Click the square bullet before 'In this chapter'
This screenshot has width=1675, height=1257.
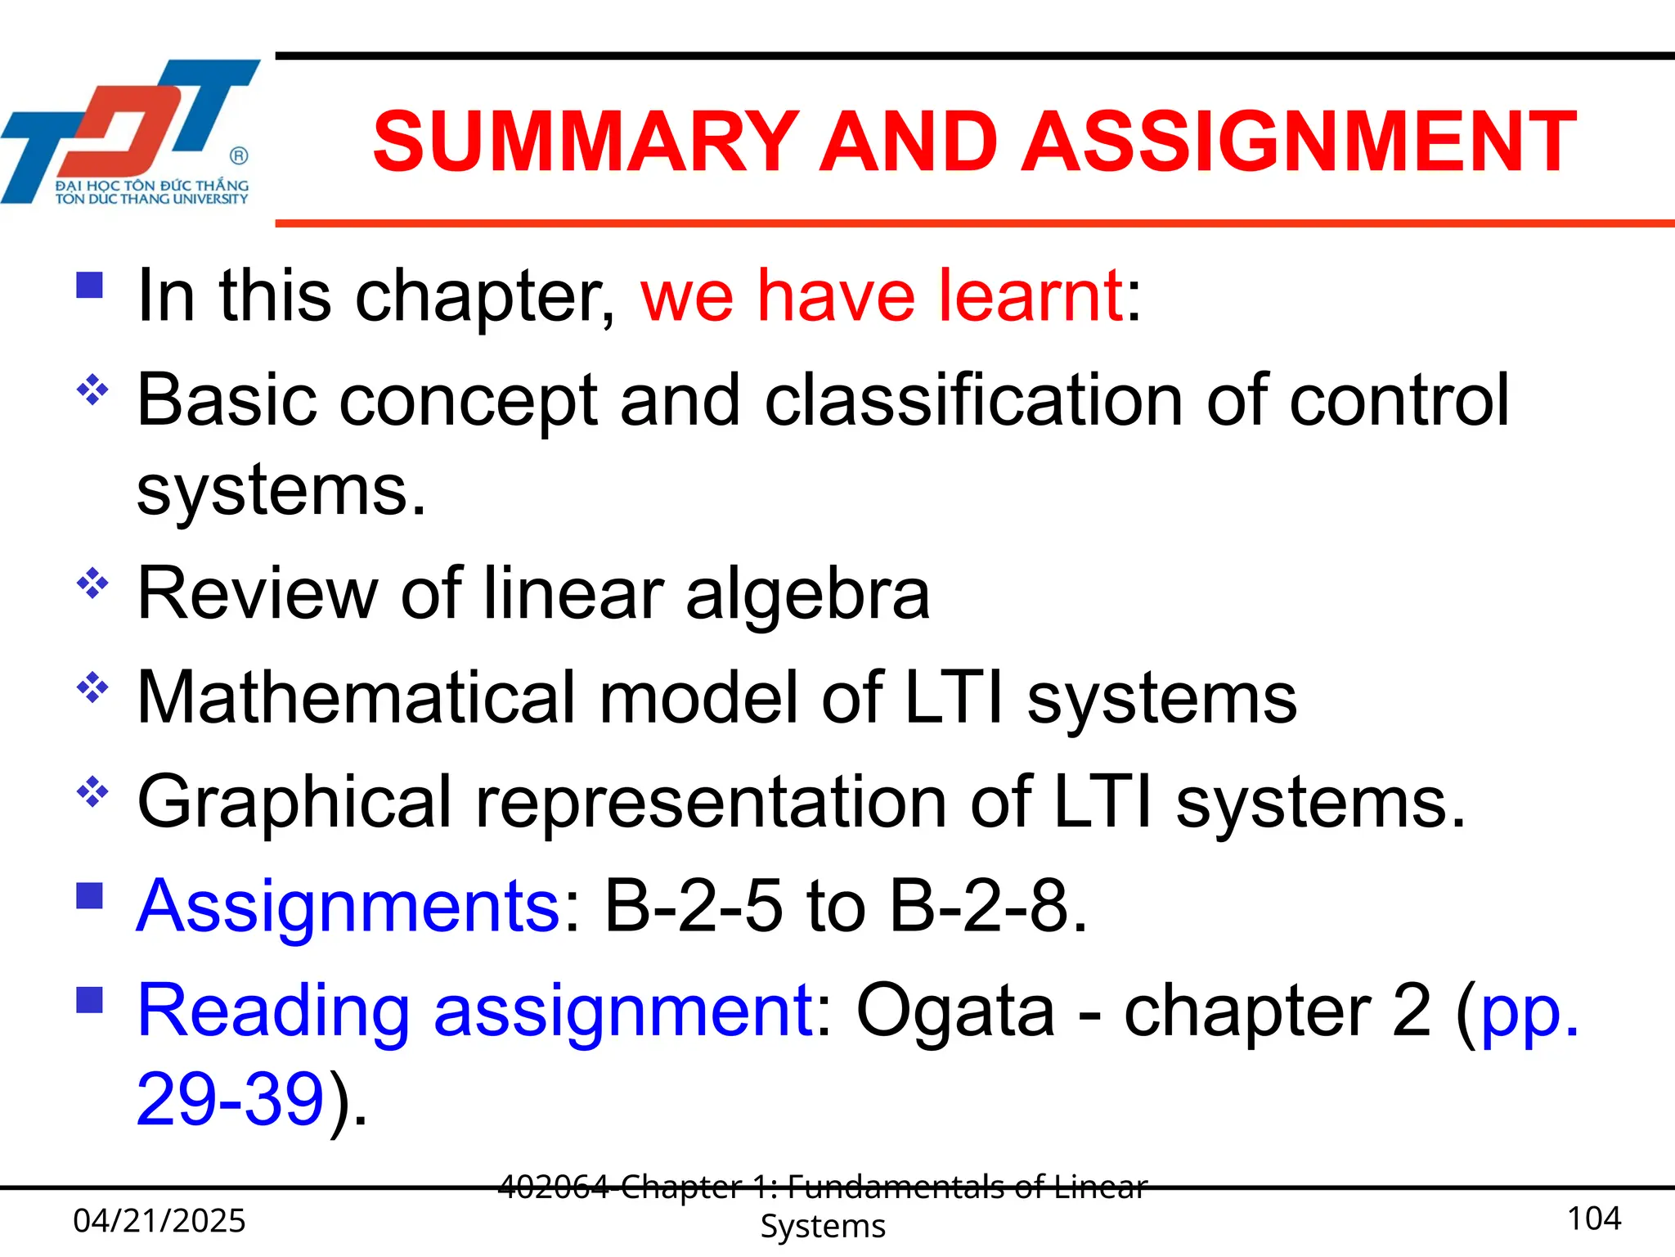coord(89,285)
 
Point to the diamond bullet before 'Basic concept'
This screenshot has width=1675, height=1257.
coord(92,390)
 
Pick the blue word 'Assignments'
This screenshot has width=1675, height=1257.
coord(348,907)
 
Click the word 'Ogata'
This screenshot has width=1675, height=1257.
coord(954,1011)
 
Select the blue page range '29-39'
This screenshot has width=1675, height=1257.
coord(231,1099)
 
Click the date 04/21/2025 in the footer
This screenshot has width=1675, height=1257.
coord(159,1221)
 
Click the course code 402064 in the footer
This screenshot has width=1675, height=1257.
coord(553,1187)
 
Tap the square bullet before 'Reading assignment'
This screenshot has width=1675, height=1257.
coord(89,999)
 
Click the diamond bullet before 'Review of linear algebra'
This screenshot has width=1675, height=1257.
coord(92,583)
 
